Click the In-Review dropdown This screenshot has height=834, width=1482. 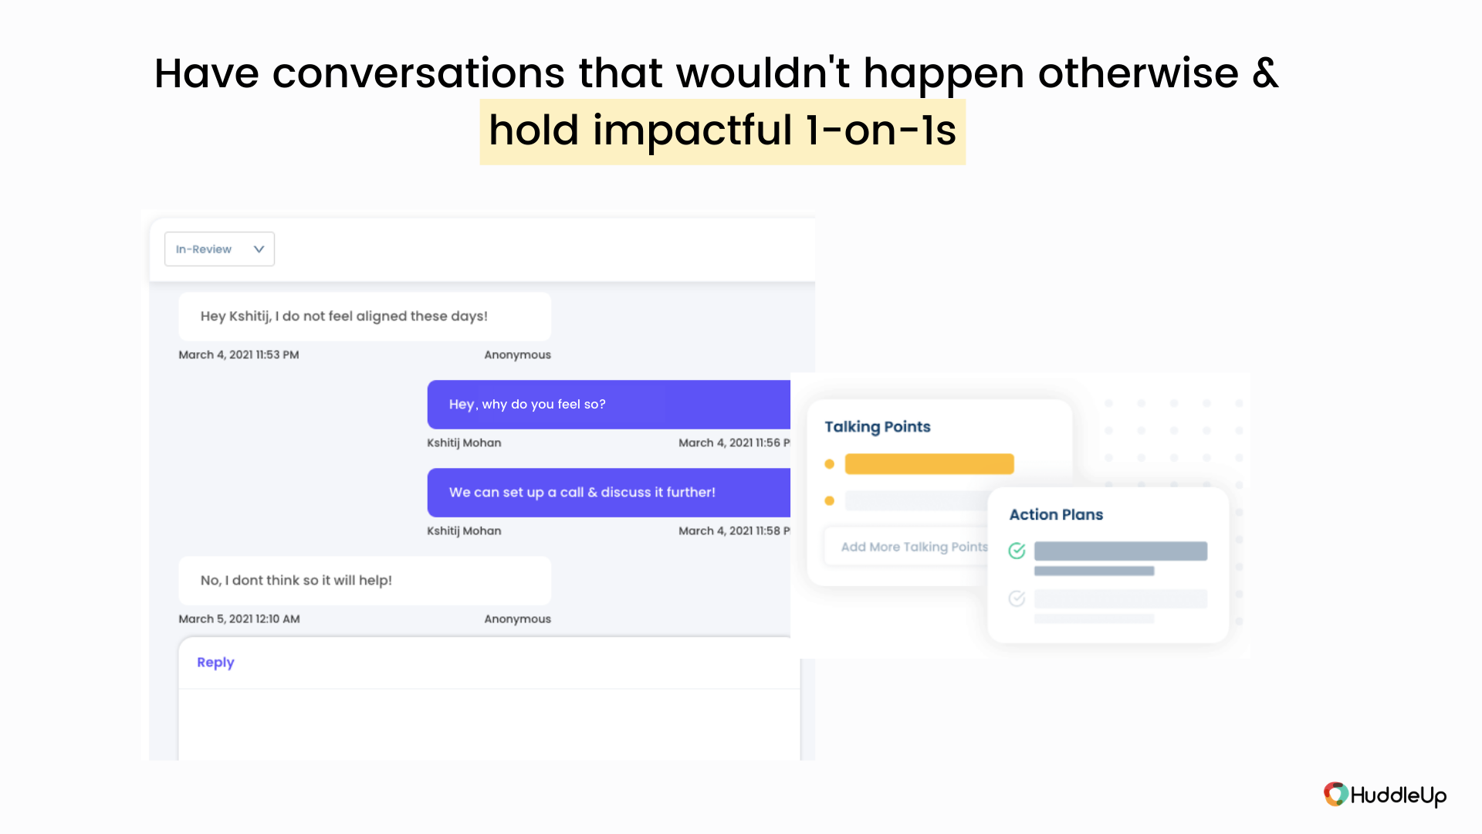coord(219,249)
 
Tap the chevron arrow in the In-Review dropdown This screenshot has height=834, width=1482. coord(259,249)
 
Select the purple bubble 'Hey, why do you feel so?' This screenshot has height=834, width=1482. coord(609,405)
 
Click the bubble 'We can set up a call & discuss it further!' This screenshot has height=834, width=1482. coord(609,493)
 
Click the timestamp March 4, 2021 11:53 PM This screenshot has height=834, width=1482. coord(239,355)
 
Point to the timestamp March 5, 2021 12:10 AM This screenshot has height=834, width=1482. coord(239,619)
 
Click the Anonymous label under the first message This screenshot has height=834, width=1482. coord(517,355)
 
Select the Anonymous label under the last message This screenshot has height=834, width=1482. coord(517,619)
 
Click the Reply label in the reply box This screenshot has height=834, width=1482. coord(215,663)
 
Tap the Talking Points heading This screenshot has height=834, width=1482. coord(878,427)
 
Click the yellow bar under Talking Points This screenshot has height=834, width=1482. coord(929,464)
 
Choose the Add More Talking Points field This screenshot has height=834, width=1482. coord(907,547)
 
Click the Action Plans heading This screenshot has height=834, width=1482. coord(1056,515)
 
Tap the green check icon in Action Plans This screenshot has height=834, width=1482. coord(1017,551)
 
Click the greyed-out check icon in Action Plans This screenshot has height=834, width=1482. coord(1017,598)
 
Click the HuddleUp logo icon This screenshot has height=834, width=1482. coord(1336,795)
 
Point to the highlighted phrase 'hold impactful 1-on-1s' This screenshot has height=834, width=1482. coord(722,131)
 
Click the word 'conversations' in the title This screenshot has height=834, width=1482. coord(418,74)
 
